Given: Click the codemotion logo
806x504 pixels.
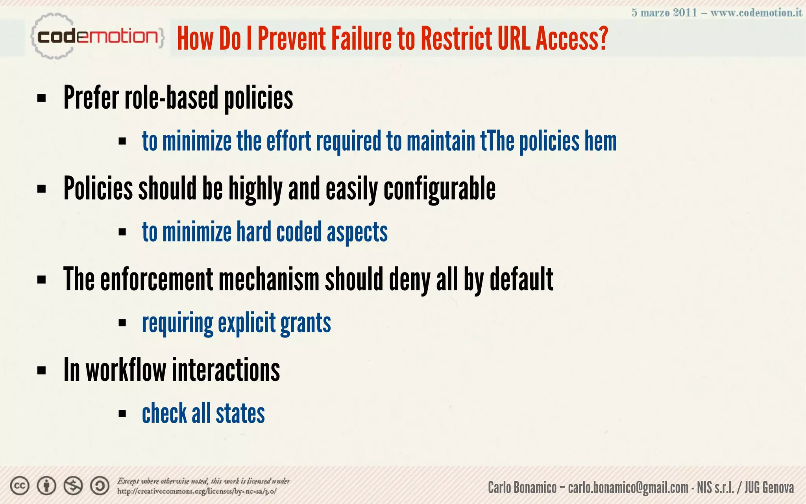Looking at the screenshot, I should click(x=97, y=37).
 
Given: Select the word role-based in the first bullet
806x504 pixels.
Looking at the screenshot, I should click(x=171, y=98).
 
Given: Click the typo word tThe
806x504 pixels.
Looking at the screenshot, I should click(x=497, y=141).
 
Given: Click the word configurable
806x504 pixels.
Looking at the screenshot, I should click(x=440, y=189).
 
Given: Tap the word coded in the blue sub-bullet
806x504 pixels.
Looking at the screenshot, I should click(x=299, y=232).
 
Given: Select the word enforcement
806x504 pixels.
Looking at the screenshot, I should click(x=157, y=279).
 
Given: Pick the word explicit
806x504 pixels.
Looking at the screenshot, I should click(x=247, y=323).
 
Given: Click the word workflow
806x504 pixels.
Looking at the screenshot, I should click(x=126, y=370).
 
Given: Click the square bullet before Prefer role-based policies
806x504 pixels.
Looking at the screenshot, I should click(x=41, y=98).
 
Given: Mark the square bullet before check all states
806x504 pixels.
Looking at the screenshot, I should click(x=122, y=413).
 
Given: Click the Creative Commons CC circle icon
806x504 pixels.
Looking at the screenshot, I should click(x=20, y=486).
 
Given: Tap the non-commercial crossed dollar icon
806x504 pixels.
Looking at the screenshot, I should click(x=73, y=486).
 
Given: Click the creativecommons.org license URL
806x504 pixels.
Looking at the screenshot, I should click(x=196, y=491).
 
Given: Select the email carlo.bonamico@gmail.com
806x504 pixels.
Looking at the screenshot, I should click(x=628, y=488).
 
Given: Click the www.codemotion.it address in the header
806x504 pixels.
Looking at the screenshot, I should click(x=756, y=13).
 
